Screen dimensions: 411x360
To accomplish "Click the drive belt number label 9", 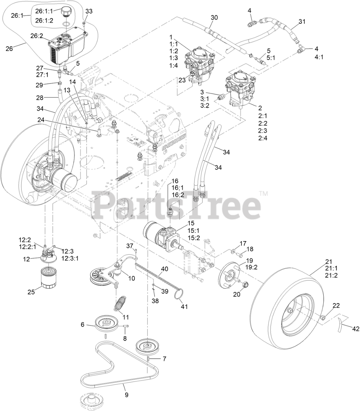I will [x=127, y=395].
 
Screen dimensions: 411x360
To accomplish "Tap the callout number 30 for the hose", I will [x=214, y=17].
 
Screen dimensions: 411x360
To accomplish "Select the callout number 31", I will [x=302, y=22].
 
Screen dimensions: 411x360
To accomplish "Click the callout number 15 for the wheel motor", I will [x=191, y=223].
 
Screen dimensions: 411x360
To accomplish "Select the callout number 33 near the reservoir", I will [x=89, y=11].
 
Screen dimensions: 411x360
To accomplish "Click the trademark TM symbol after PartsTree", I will [x=263, y=194].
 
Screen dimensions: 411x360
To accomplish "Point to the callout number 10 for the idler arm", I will [x=131, y=278].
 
